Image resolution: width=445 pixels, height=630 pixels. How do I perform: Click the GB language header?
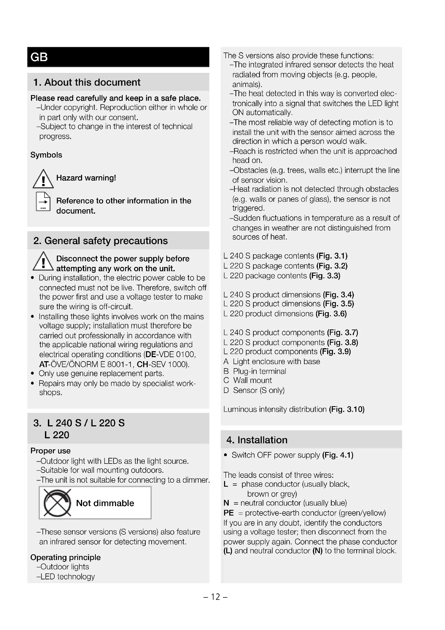(x=39, y=57)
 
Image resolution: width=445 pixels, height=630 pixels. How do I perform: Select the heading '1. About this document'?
(x=87, y=82)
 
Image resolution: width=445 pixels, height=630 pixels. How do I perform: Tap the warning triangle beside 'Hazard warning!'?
(x=43, y=179)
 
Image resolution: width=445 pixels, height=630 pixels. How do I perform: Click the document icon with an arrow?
(x=43, y=202)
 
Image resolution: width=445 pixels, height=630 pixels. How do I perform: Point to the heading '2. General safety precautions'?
(x=100, y=241)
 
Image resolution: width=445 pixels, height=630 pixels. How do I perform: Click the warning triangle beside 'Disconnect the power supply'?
(x=43, y=261)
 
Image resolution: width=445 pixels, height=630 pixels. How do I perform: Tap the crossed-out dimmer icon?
(x=57, y=503)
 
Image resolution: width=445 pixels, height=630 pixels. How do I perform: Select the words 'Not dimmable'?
(x=105, y=503)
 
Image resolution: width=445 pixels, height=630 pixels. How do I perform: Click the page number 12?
(x=216, y=597)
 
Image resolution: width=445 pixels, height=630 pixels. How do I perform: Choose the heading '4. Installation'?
(x=257, y=440)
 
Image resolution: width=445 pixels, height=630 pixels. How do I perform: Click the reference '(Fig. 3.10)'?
(x=347, y=409)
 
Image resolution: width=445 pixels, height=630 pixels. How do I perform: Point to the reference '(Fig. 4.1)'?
(x=338, y=455)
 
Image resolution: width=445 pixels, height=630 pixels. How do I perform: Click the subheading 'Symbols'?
(x=46, y=155)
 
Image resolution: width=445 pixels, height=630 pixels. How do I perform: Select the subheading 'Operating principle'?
(x=65, y=557)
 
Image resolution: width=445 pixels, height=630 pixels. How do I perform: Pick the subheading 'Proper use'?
(x=50, y=451)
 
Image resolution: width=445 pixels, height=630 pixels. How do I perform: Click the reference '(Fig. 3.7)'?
(x=342, y=332)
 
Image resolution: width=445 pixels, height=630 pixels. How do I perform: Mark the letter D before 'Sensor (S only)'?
(x=226, y=390)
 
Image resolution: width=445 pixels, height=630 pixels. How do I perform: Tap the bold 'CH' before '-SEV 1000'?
(x=143, y=364)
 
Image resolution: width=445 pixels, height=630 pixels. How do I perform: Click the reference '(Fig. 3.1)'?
(x=332, y=256)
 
